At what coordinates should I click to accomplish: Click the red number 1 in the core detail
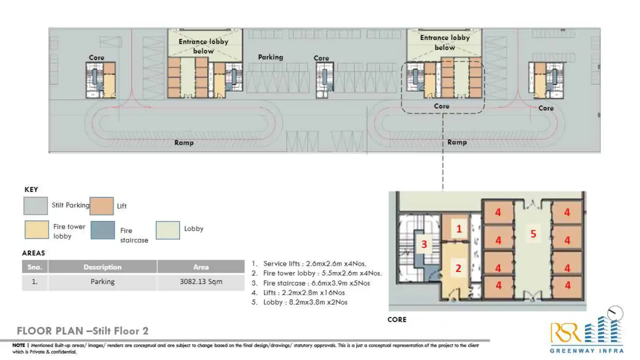tap(459, 229)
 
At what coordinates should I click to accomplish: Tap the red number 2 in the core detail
tap(459, 268)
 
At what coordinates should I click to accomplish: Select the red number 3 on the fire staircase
tap(424, 244)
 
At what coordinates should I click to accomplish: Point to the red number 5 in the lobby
tap(533, 234)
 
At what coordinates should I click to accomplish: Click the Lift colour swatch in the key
tap(101, 206)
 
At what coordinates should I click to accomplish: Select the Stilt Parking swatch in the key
tap(36, 206)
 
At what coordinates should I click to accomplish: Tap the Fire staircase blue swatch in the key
tap(103, 230)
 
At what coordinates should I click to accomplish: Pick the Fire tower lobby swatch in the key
tap(36, 230)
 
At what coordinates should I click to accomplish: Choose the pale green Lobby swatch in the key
tap(168, 230)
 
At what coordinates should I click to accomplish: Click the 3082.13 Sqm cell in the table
tap(201, 282)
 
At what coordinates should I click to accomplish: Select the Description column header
tap(102, 267)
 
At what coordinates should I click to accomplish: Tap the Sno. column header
tap(35, 267)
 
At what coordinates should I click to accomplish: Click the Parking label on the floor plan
tap(270, 57)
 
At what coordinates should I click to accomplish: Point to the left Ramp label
tap(184, 143)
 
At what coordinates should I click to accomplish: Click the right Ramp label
tap(457, 142)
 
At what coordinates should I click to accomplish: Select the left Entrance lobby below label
tap(204, 46)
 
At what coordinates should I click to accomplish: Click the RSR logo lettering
tap(565, 332)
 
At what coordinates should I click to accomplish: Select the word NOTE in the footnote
tap(19, 345)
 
